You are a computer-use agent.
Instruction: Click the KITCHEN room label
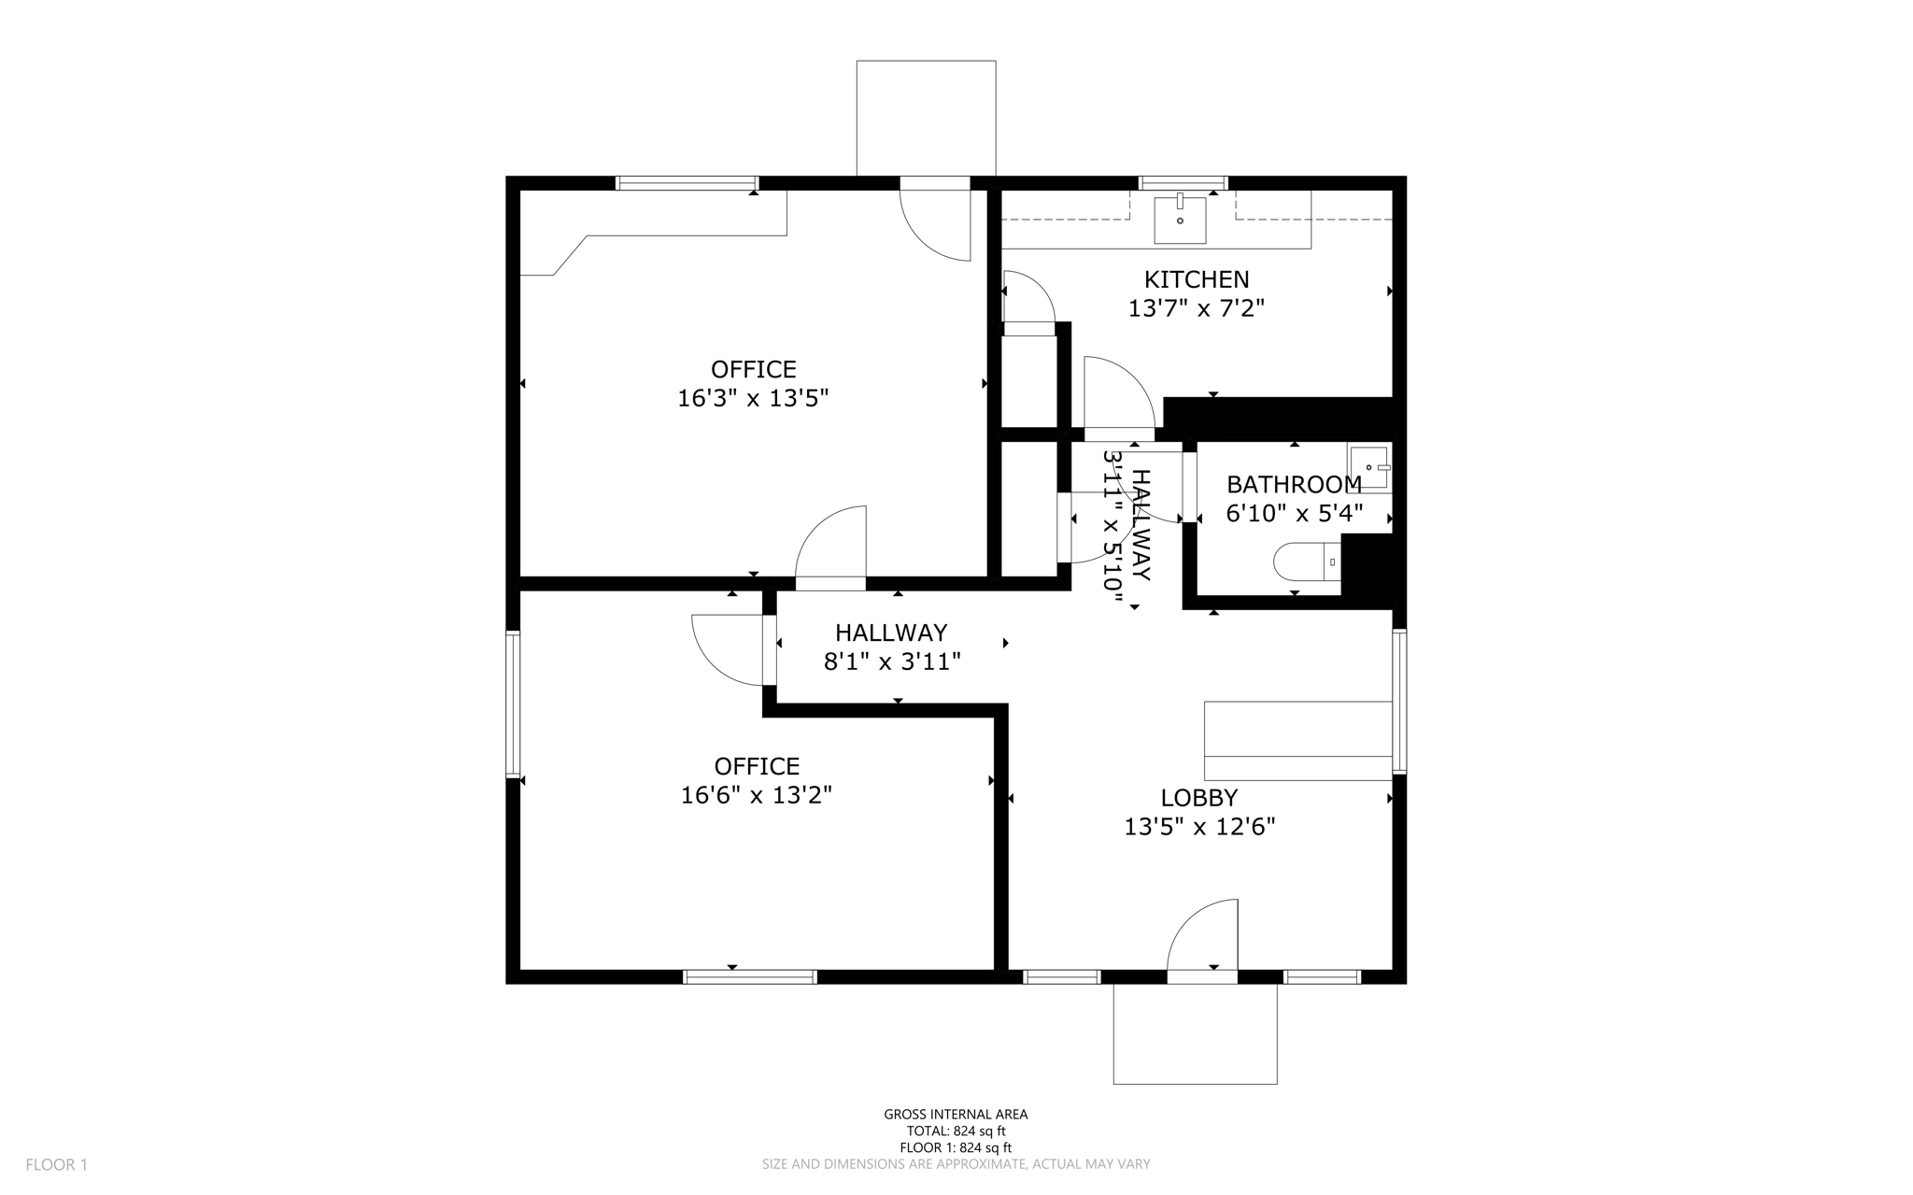pyautogui.click(x=1196, y=279)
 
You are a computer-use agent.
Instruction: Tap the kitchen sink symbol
pyautogui.click(x=1180, y=219)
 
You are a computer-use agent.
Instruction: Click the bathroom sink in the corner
pyautogui.click(x=1369, y=465)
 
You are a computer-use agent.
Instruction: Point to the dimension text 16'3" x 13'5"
pyautogui.click(x=753, y=399)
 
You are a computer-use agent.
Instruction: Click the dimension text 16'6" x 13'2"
pyautogui.click(x=756, y=795)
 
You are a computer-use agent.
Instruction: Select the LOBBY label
pyautogui.click(x=1198, y=798)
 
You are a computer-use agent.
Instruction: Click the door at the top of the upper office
pyautogui.click(x=935, y=222)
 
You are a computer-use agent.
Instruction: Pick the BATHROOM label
pyautogui.click(x=1293, y=485)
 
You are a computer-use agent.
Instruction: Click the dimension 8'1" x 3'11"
pyautogui.click(x=891, y=662)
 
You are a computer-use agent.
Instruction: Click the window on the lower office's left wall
pyautogui.click(x=513, y=704)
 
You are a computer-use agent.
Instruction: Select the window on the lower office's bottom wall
pyautogui.click(x=750, y=977)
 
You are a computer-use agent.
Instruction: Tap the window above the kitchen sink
pyautogui.click(x=1183, y=182)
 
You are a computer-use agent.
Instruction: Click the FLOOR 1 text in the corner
pyautogui.click(x=56, y=1165)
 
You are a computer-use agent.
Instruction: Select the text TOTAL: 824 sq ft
pyautogui.click(x=956, y=1131)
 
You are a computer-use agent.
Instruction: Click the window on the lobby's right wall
pyautogui.click(x=1398, y=701)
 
